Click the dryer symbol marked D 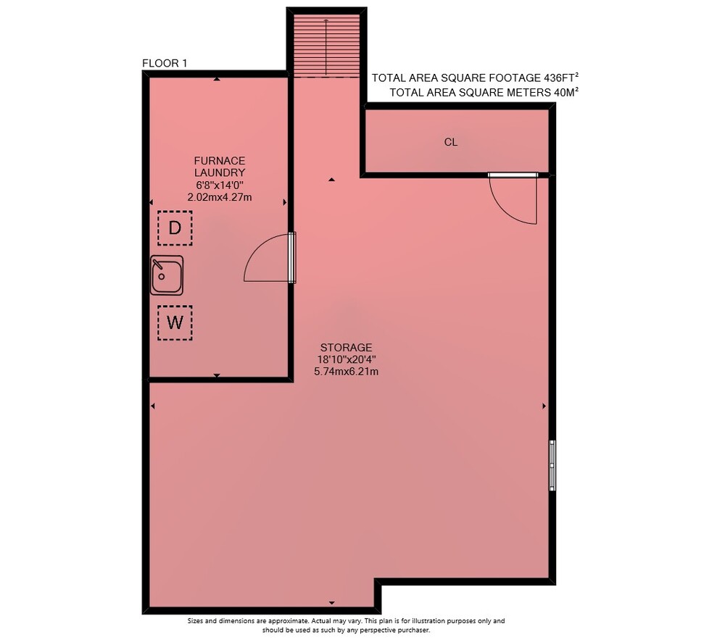[x=175, y=228]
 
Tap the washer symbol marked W [x=175, y=322]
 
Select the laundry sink [x=167, y=275]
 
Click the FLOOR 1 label [x=165, y=63]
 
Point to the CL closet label [x=451, y=142]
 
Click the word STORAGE [x=347, y=348]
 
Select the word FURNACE [x=220, y=161]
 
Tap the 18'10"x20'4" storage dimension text [x=347, y=359]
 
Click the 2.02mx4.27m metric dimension [x=220, y=197]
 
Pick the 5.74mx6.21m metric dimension [x=347, y=371]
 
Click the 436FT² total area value [x=562, y=78]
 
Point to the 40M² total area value [x=566, y=92]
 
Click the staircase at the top [x=327, y=46]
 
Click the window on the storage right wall [x=552, y=465]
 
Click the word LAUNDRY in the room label [x=220, y=173]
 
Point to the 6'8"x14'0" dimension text [x=220, y=185]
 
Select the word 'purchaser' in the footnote [x=413, y=630]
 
